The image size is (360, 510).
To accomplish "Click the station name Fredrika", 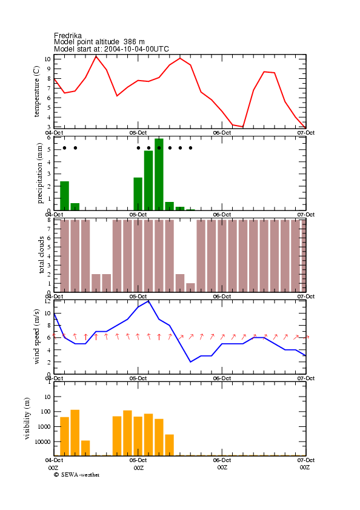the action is coord(68,35).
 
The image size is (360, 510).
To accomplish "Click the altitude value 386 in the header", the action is coord(130,42).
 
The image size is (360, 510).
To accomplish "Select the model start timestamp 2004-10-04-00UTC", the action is coord(136,49).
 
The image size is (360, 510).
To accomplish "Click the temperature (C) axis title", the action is coord(36,91).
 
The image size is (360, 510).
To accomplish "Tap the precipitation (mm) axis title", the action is coord(39,173).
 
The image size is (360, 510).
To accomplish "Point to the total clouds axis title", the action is coord(41,255).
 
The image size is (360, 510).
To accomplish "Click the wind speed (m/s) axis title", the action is coord(36,337).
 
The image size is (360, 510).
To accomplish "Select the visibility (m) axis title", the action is coord(27,418).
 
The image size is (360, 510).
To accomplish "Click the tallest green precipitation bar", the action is coord(159,174).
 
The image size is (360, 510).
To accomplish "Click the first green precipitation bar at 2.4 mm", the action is coord(64,196).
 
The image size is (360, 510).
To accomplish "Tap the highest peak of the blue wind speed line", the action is coord(148,301).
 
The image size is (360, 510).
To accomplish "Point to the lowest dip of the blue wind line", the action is coord(190,361).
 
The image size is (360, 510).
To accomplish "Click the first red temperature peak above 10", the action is coord(96,56).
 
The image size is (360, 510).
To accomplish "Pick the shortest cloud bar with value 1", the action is coord(190,287).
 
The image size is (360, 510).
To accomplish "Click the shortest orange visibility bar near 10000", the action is coord(85,448).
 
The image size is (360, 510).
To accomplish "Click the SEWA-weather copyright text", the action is coord(77,475).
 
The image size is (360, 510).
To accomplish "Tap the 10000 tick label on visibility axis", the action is coord(43,441).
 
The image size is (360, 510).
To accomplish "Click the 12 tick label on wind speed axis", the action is coord(47,301).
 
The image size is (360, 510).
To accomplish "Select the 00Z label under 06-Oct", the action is coord(222,468).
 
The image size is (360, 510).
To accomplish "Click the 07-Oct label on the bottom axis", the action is coord(305,460).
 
